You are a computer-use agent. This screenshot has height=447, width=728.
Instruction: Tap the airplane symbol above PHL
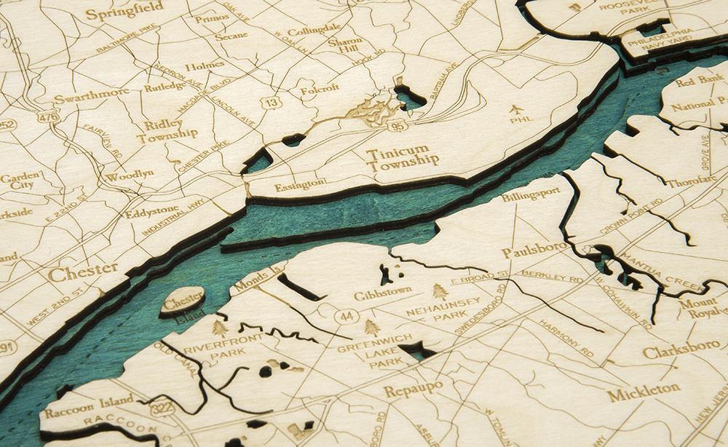518,111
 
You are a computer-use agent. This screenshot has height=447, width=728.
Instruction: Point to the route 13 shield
272,103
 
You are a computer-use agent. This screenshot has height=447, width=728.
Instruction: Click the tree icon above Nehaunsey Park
440,291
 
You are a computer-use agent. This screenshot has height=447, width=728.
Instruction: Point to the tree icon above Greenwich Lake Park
372,327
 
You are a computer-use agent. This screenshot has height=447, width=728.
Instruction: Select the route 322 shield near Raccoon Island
162,408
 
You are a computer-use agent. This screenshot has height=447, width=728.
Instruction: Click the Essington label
301,185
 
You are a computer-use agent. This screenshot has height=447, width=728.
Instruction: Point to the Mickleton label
644,392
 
